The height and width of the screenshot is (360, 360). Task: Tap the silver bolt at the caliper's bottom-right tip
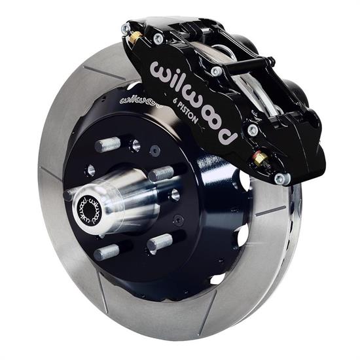(281, 177)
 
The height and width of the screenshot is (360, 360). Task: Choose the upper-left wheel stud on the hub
(109, 143)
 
